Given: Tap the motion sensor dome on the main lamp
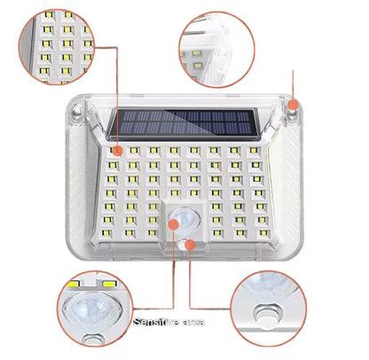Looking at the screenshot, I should (185, 219).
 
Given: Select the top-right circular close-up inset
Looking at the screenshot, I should (217, 49).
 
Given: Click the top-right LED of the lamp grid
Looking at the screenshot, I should (255, 152).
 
